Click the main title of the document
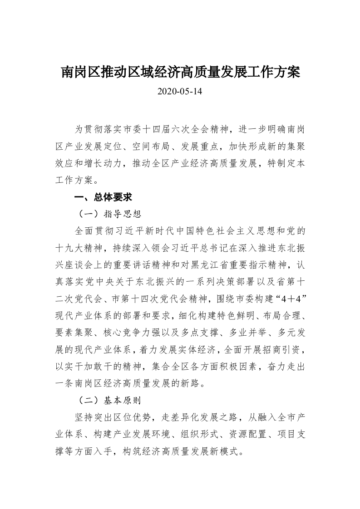pyautogui.click(x=180, y=72)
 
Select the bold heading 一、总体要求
pyautogui.click(x=103, y=198)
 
